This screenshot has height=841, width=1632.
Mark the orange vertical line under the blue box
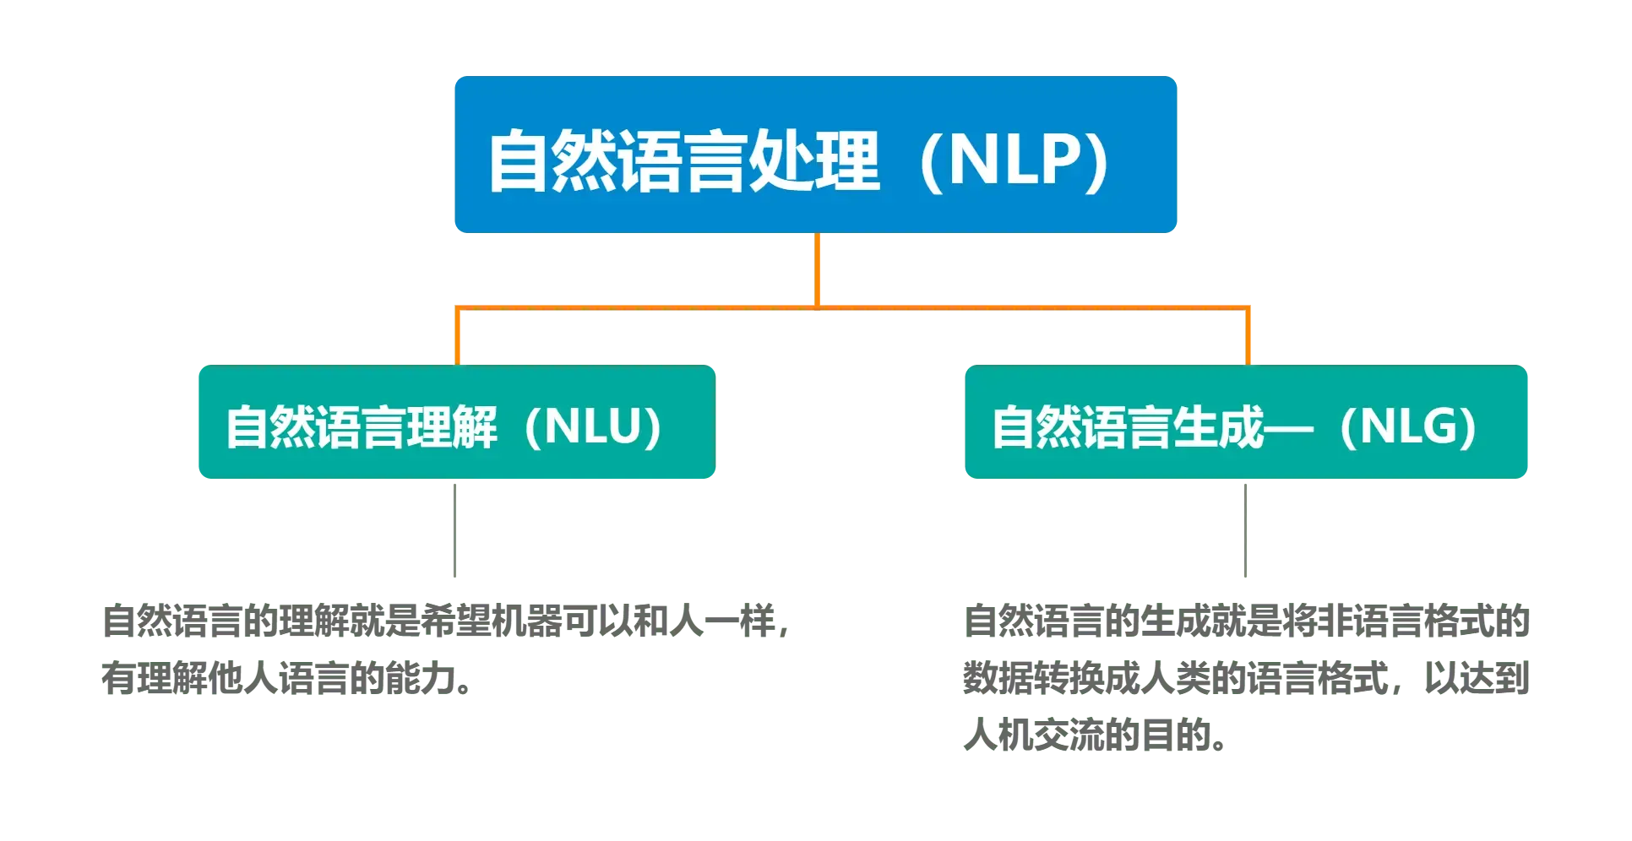coord(817,269)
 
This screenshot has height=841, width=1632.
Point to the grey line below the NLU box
coord(456,529)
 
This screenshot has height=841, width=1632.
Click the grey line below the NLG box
coord(1247,529)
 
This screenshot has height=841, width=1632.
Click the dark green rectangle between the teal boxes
coord(840,422)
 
